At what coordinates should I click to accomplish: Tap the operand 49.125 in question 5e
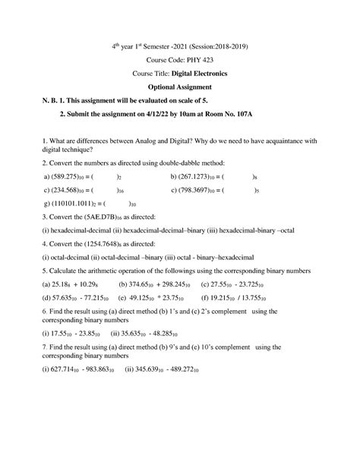click(139, 300)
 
